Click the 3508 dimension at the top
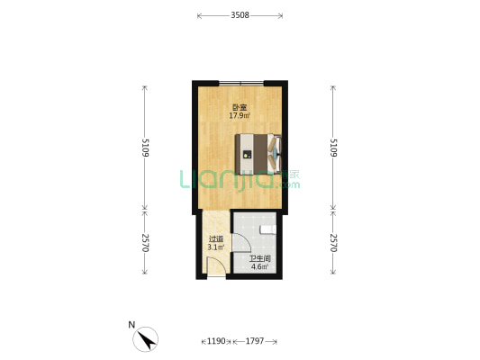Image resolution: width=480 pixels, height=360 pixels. pos(240,15)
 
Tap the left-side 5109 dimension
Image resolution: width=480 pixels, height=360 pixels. pos(145,148)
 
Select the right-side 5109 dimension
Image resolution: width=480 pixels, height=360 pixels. pos(333,148)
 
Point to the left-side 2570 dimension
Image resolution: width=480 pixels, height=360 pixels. pos(145,243)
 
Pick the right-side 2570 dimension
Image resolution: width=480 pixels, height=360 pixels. pos(333,243)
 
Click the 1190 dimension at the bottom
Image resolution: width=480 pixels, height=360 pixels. pos(216,341)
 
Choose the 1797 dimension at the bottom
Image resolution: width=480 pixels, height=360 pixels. pos(255,341)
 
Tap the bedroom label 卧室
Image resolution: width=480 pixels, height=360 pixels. pos(240,108)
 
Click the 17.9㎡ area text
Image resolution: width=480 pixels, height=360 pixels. pos(240,115)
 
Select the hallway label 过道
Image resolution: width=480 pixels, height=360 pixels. pos(216,239)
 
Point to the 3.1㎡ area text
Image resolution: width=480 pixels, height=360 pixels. pos(216,247)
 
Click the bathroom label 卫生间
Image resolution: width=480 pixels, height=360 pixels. pos(260,259)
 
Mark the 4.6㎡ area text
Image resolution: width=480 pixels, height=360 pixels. pos(260,266)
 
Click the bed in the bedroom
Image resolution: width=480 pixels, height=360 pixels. pos(258,154)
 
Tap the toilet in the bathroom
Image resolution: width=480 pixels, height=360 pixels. pos(268,229)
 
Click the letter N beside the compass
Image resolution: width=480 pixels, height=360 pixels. pos(131,325)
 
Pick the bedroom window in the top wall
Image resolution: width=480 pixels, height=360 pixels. pos(241,83)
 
